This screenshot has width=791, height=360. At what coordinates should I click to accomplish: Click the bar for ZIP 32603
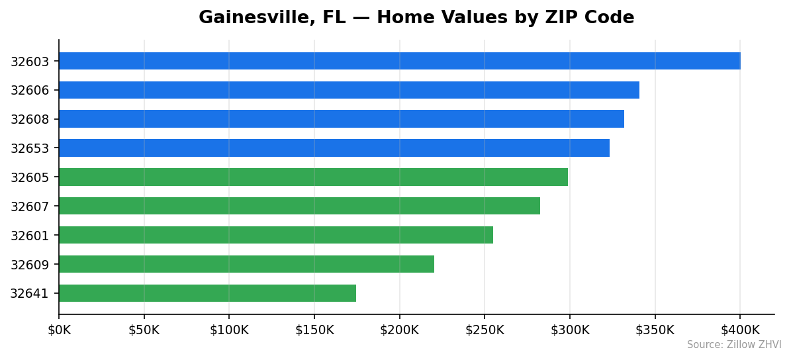coord(399,61)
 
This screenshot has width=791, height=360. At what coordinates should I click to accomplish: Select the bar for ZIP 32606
coord(349,90)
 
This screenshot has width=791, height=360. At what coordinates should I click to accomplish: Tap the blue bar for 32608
coord(341,119)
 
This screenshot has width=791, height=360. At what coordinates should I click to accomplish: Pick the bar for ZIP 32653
coord(334,148)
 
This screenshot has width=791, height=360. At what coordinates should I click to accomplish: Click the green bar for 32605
coord(313,177)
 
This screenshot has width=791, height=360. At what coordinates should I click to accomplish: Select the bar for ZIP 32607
coord(299,206)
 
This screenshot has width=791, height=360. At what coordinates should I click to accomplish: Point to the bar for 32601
coord(275,235)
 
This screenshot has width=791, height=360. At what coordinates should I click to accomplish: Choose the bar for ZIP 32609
coord(246,264)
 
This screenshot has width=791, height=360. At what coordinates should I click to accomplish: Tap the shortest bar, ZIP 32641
coord(207,293)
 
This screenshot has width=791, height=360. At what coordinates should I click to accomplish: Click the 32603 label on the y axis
coord(29,62)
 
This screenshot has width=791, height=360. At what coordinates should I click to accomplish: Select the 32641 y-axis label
coord(29,293)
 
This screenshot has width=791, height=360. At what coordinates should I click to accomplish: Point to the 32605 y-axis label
coord(29,177)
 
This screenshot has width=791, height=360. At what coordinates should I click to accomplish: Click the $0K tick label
coord(59,330)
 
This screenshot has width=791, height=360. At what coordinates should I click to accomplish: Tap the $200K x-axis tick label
coord(399,330)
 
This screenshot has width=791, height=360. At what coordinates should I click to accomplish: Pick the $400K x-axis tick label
coord(740,330)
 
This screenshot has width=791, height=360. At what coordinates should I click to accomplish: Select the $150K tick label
coord(314,330)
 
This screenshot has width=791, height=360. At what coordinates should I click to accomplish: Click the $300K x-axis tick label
coord(570,330)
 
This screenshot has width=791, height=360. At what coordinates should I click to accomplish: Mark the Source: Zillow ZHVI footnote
coord(733,345)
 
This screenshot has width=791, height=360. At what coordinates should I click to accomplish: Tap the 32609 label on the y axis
coord(29,264)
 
